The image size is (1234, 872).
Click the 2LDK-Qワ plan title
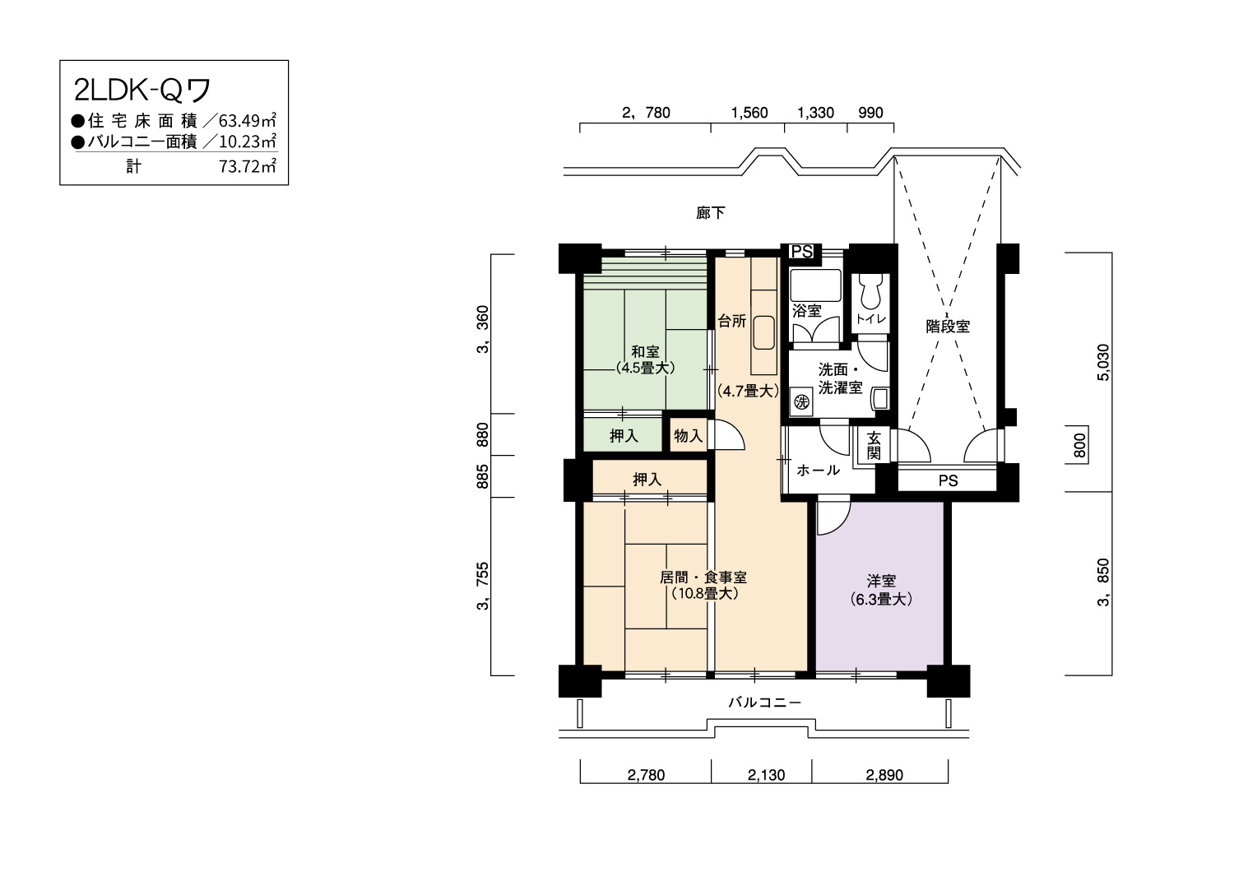pyautogui.click(x=142, y=90)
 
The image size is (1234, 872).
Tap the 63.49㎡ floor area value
pyautogui.click(x=248, y=120)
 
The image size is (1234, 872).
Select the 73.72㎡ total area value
pyautogui.click(x=248, y=166)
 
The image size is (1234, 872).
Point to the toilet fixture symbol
pyautogui.click(x=870, y=291)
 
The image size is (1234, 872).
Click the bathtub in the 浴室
pyautogui.click(x=815, y=285)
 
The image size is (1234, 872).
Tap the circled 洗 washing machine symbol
pyautogui.click(x=801, y=401)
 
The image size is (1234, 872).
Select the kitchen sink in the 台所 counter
pyautogui.click(x=763, y=332)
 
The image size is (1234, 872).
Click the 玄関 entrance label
pyautogui.click(x=874, y=446)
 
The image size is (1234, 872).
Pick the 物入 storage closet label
pyautogui.click(x=688, y=436)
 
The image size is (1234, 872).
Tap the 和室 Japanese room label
pyautogui.click(x=645, y=351)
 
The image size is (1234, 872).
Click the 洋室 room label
pyautogui.click(x=881, y=581)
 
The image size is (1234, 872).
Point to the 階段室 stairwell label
pyautogui.click(x=948, y=326)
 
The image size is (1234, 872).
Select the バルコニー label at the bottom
pyautogui.click(x=764, y=703)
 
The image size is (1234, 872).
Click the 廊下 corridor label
pyautogui.click(x=711, y=212)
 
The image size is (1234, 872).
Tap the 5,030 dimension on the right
pyautogui.click(x=1103, y=362)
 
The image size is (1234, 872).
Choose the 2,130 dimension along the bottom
pyautogui.click(x=766, y=775)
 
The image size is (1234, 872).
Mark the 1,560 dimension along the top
pyautogui.click(x=749, y=113)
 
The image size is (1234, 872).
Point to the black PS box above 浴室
pyautogui.click(x=801, y=251)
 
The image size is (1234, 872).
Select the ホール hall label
pyautogui.click(x=818, y=470)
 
